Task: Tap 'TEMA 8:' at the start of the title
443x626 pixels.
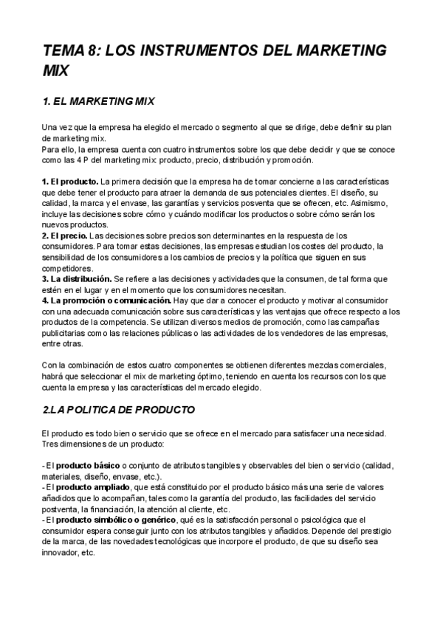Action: (70, 51)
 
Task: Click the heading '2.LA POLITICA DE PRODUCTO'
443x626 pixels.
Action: (119, 408)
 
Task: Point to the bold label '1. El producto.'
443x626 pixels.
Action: (70, 181)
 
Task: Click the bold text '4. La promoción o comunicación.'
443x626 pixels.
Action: (106, 300)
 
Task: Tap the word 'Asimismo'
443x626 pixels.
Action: (357, 203)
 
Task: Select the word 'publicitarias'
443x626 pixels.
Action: (65, 333)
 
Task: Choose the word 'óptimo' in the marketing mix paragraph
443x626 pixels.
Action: (225, 376)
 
